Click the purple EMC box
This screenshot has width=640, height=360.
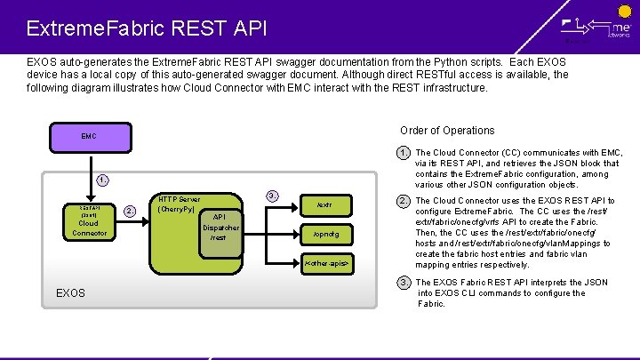coord(89,137)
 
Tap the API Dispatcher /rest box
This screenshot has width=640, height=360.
coord(218,227)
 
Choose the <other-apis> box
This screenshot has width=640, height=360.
coord(325,264)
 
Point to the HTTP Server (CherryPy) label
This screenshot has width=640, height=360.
coord(179,204)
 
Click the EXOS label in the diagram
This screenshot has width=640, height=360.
coord(71,292)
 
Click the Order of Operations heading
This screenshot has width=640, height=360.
coord(447,130)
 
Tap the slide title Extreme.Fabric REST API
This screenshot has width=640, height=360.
coord(147,28)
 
